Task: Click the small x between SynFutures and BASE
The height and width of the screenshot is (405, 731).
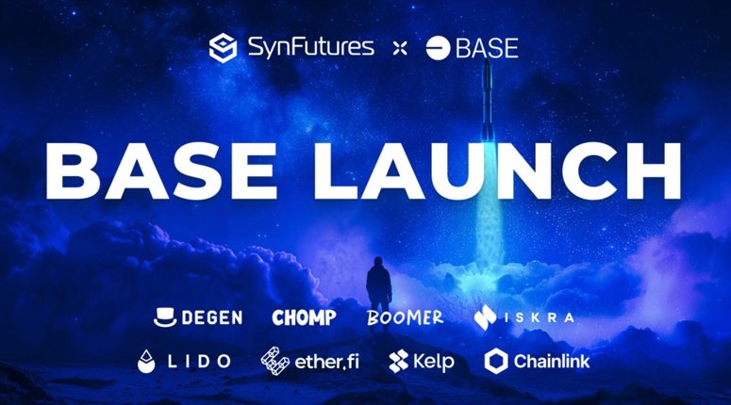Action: point(399,48)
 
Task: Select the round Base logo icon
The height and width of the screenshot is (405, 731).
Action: point(438,48)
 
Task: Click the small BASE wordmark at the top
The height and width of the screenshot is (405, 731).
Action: point(487,48)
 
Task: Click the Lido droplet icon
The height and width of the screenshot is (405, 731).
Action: point(148,361)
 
